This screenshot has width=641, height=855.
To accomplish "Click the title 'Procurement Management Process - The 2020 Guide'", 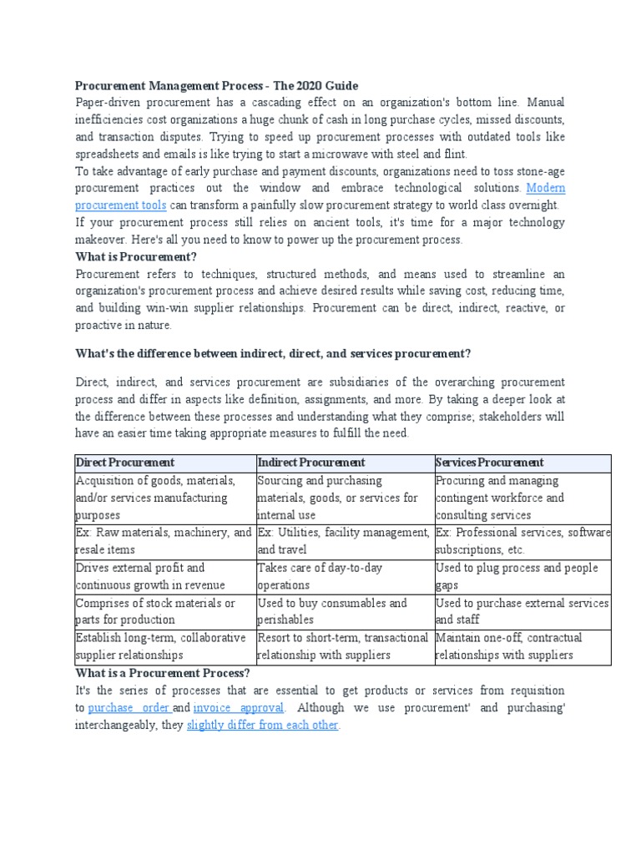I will [x=216, y=85].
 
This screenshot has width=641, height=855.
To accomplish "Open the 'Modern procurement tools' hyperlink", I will [x=121, y=205].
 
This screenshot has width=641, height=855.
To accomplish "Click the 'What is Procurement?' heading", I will [x=136, y=256].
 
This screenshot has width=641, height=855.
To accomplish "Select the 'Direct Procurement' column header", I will [x=125, y=463].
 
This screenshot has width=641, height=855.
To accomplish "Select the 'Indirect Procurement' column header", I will [x=311, y=463].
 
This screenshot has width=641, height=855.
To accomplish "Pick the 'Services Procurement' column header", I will [x=489, y=463].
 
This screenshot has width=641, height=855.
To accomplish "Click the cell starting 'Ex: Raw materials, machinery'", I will [x=164, y=541].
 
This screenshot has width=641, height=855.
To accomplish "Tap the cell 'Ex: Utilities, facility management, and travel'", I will [x=344, y=541].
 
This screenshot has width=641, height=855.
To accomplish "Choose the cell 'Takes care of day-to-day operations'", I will [x=320, y=576].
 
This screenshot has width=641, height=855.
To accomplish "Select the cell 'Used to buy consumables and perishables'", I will [x=332, y=611].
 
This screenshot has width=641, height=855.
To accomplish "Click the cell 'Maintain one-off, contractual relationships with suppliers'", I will [x=508, y=646].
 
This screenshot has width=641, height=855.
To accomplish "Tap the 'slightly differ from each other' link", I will [x=262, y=725].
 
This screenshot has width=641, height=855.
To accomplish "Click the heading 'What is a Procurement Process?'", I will [x=163, y=673].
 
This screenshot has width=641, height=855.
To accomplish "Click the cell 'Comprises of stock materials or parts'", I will [x=155, y=611].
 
